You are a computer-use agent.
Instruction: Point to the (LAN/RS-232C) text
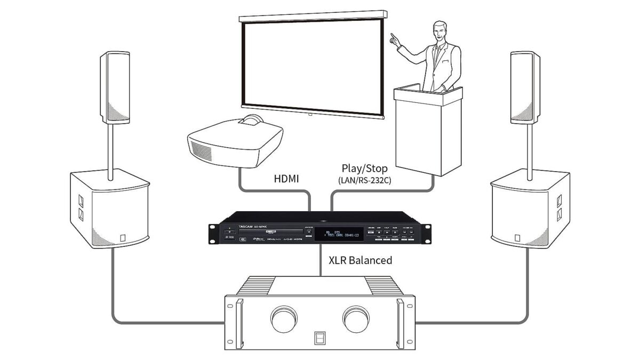pyautogui.click(x=365, y=180)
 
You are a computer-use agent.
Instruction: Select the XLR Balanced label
pyautogui.click(x=360, y=260)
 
